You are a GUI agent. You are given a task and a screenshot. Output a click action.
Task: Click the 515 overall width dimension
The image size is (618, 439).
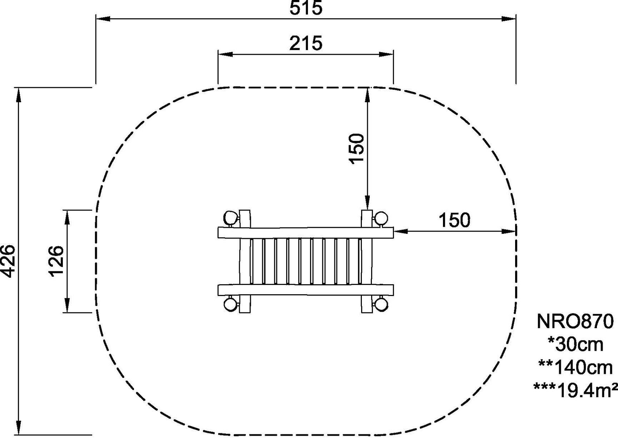(306, 8)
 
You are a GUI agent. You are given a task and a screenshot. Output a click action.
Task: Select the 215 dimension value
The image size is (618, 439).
(306, 43)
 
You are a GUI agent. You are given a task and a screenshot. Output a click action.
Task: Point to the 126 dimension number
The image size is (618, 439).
(56, 261)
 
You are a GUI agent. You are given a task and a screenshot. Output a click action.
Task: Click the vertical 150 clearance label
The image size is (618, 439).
(357, 148)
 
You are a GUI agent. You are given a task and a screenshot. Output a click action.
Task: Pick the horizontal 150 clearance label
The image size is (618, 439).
(454, 220)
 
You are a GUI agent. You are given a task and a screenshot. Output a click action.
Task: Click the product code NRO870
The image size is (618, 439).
(575, 321)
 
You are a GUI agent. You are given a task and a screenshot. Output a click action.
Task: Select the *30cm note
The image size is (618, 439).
(575, 345)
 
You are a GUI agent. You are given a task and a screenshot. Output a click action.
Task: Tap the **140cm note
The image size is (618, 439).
(575, 367)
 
